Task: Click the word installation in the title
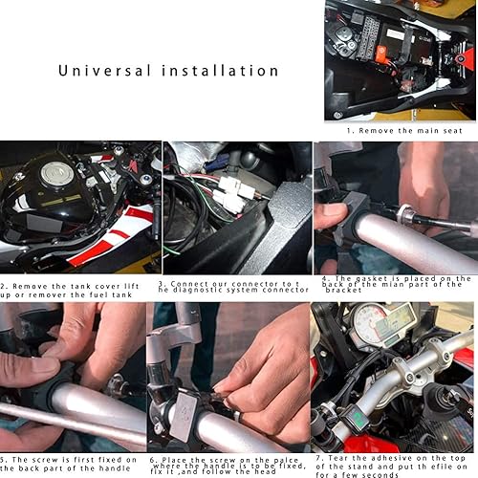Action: pos(221,71)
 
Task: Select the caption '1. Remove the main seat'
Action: pos(401,130)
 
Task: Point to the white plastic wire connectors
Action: pos(233,194)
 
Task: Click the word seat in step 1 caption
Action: pos(443,130)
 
